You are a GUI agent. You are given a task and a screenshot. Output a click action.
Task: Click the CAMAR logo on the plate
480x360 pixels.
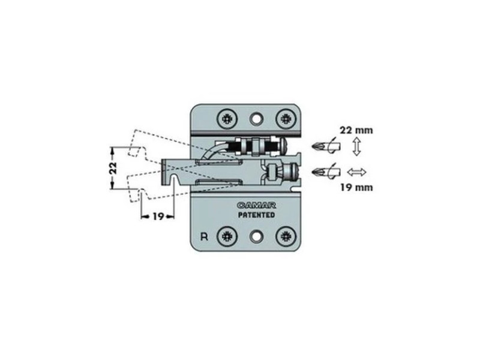[x=256, y=205]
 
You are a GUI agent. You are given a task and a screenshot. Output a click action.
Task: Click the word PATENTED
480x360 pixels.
[x=257, y=215]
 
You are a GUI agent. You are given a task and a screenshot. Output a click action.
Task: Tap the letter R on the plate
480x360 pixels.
[x=204, y=237]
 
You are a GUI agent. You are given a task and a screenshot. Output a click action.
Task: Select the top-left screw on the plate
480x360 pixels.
[x=227, y=118]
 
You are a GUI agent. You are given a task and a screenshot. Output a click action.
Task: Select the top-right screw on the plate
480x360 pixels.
[x=286, y=118]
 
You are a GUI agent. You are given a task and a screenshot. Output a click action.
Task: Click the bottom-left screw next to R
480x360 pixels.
[x=227, y=236]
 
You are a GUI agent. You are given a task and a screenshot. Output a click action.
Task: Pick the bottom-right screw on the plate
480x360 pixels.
[x=286, y=236]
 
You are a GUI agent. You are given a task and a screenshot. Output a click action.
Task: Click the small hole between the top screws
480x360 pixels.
[x=257, y=118]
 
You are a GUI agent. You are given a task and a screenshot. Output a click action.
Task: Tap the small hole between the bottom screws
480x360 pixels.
[x=257, y=236]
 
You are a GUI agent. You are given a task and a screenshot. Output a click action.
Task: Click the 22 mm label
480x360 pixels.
[x=356, y=130]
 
